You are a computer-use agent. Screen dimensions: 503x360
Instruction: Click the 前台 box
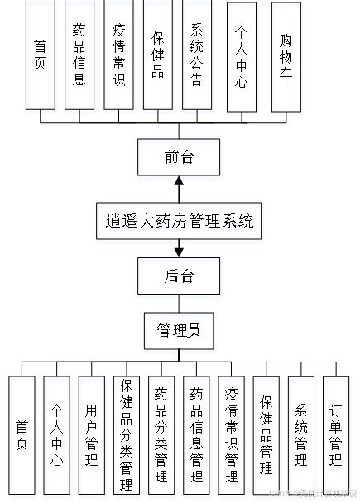pos(179,156)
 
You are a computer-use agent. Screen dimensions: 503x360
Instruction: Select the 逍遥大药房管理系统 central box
pos(179,222)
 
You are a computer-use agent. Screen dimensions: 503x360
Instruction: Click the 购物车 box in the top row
pos(286,55)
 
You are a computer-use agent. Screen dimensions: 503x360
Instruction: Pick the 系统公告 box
pos(196,55)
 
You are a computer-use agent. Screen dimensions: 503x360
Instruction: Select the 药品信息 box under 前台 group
pos(79,55)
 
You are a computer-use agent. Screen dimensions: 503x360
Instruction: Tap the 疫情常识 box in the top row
pos(118,55)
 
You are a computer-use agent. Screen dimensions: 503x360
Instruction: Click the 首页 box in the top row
pos(40,55)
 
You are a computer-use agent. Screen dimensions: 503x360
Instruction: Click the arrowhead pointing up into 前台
pos(179,180)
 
